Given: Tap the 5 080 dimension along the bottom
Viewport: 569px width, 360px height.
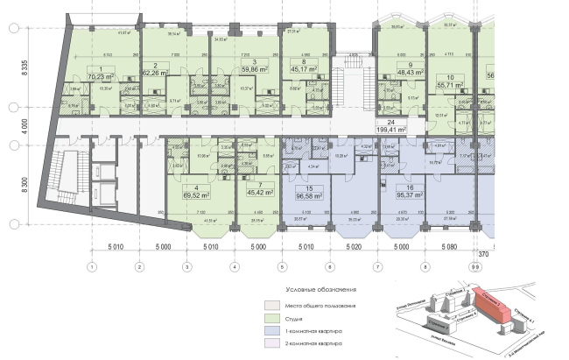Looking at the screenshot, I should (x=449, y=248).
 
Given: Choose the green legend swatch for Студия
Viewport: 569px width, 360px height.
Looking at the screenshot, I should (x=270, y=318).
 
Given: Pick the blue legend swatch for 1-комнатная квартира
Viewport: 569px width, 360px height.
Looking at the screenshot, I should (x=270, y=333).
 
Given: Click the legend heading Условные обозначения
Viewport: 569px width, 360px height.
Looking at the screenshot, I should (x=320, y=289).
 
